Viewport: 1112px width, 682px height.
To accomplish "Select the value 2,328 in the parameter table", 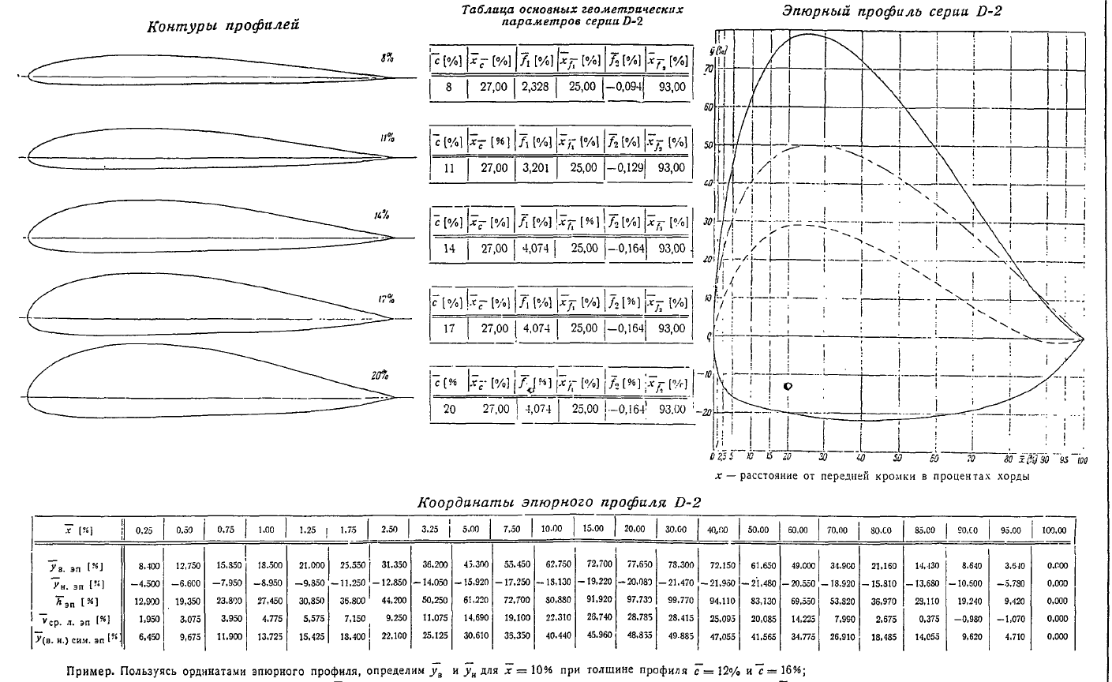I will pyautogui.click(x=535, y=87).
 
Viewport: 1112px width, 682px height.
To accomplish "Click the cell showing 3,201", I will pyautogui.click(x=535, y=168).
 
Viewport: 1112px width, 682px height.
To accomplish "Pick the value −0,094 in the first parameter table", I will pyautogui.click(x=624, y=87).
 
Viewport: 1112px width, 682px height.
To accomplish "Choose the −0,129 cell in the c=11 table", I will pyautogui.click(x=624, y=168).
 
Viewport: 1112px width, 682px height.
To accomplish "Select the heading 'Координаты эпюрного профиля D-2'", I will pyautogui.click(x=559, y=502).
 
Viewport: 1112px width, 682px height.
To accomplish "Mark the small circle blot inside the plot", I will pyautogui.click(x=788, y=386).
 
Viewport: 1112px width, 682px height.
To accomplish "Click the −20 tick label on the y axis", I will pyautogui.click(x=707, y=412).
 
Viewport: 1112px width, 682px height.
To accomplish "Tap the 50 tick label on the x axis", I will pyautogui.click(x=898, y=457).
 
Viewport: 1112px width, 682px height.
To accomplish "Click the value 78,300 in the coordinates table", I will pyautogui.click(x=675, y=566).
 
